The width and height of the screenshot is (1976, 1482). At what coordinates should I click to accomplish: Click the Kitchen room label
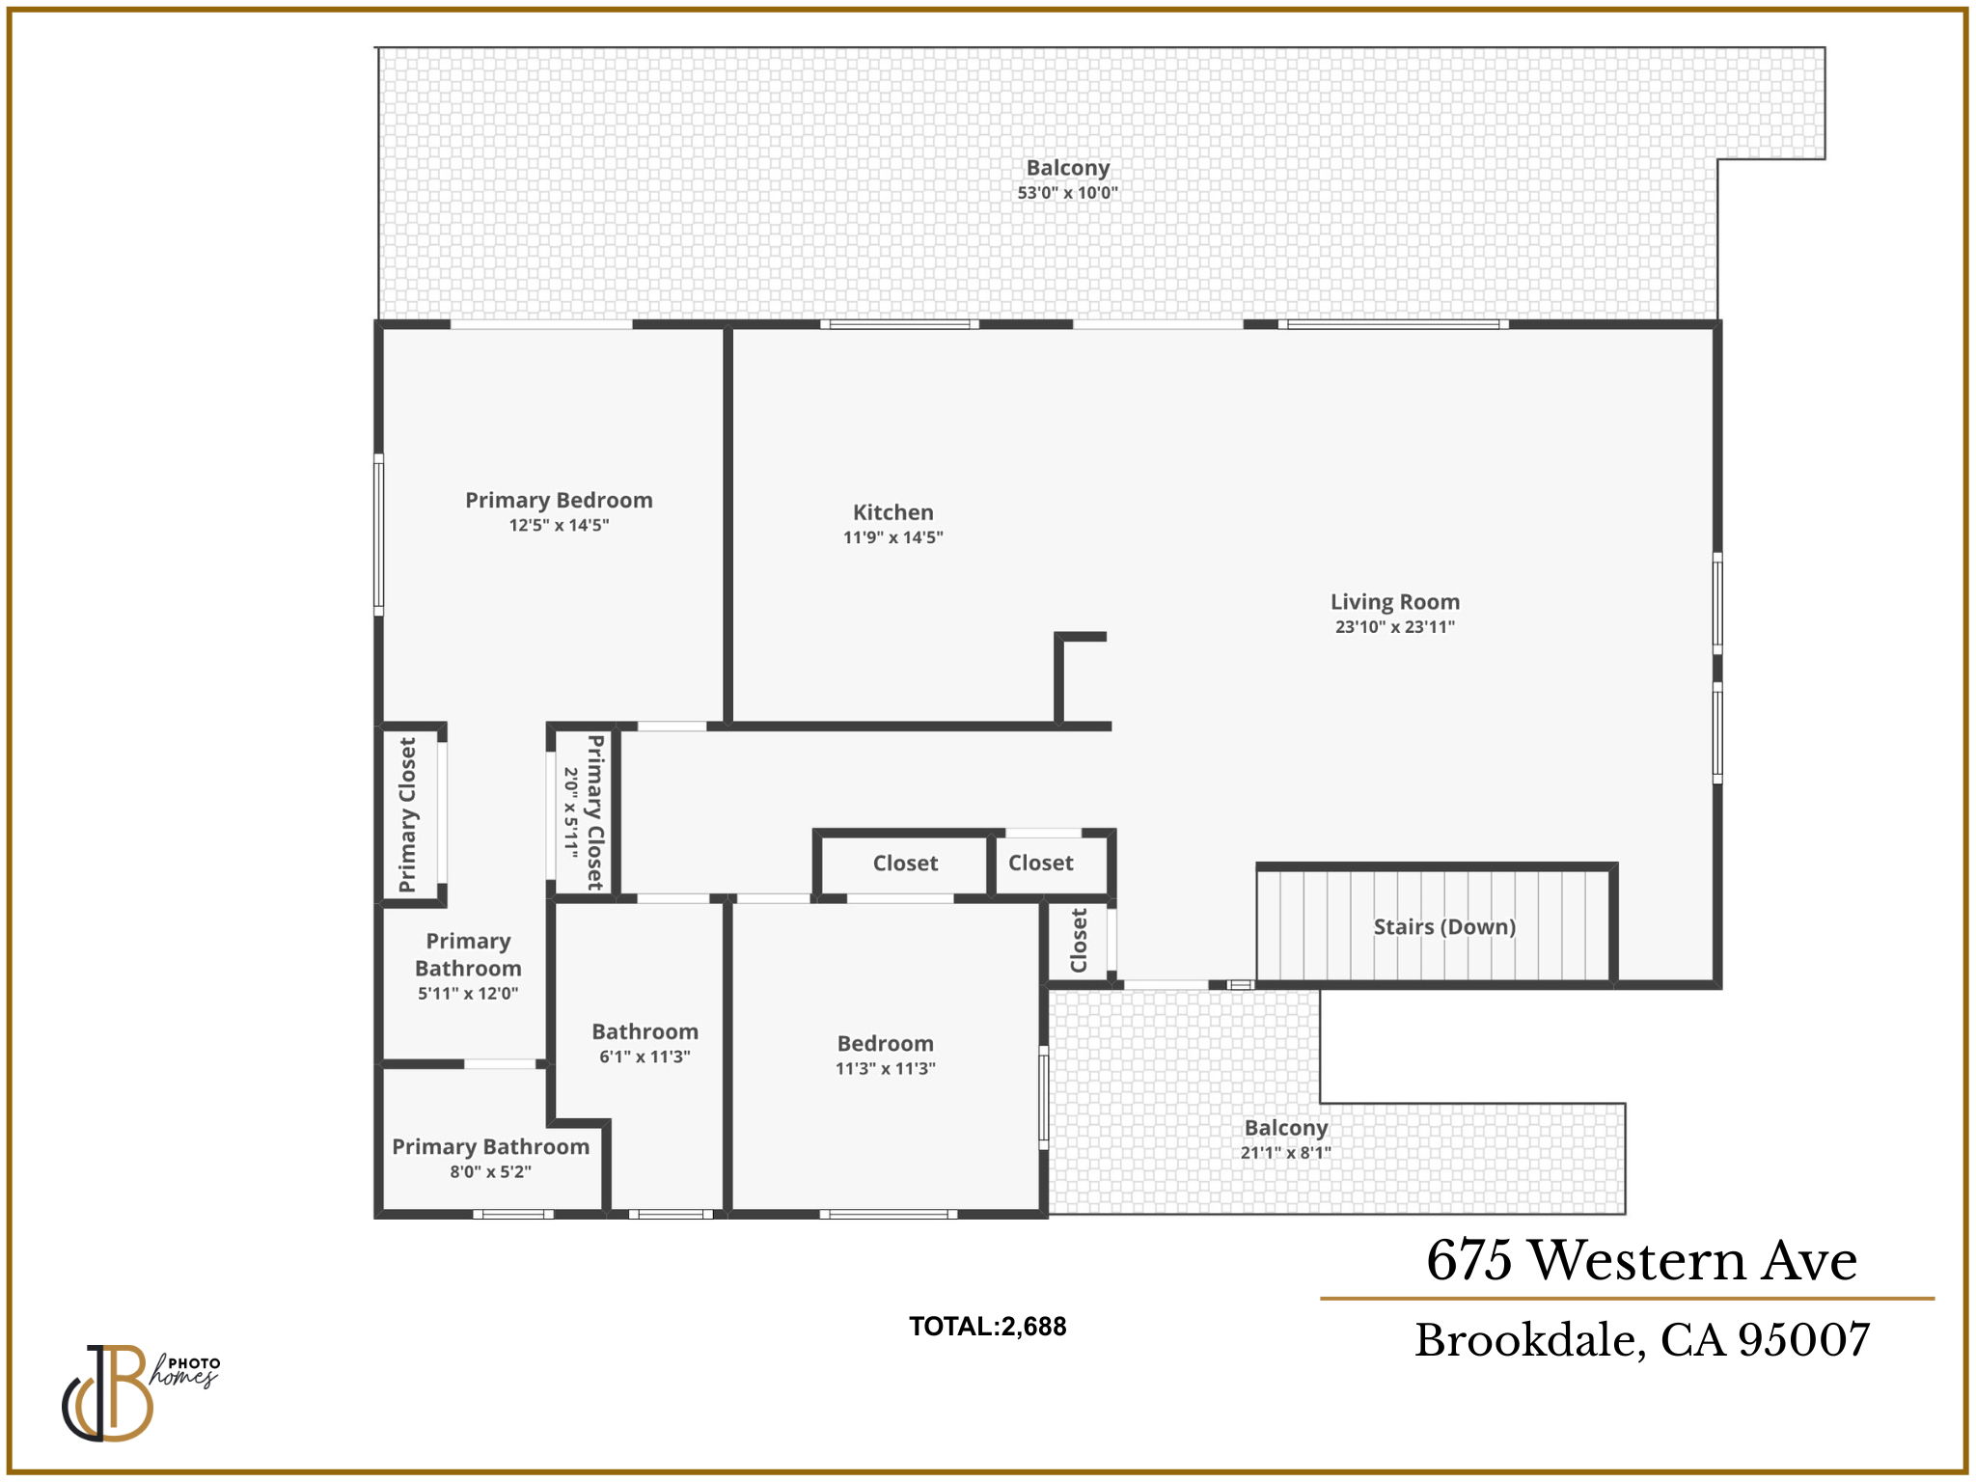tap(892, 512)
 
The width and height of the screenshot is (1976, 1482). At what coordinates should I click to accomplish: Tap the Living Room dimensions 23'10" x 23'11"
tap(1394, 627)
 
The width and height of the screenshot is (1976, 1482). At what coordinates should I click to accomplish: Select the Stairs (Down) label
tap(1443, 927)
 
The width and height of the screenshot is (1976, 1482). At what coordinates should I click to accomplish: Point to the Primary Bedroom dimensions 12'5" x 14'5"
tap(559, 526)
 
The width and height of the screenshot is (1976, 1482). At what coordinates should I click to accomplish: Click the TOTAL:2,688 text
tap(987, 1327)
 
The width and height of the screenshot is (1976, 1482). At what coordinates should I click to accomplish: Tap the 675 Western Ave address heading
tap(1640, 1260)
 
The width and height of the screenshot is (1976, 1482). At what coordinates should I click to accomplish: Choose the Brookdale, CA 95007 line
tap(1641, 1340)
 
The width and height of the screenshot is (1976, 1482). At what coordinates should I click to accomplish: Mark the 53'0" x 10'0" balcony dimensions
tap(1067, 193)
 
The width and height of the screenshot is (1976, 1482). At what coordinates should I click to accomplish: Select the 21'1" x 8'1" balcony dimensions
tap(1285, 1153)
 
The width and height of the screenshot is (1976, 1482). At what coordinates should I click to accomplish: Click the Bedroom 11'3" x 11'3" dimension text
tap(885, 1069)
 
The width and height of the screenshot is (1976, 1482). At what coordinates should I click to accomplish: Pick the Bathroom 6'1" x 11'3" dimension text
tap(645, 1057)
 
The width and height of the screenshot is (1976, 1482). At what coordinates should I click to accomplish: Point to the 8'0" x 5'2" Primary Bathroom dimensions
tap(490, 1172)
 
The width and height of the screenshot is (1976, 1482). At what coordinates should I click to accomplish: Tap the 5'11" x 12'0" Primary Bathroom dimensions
tap(468, 994)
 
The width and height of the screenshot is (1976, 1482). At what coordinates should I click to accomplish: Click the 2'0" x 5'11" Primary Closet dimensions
tap(571, 812)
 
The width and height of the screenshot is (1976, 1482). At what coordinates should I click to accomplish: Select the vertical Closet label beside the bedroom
tap(1079, 940)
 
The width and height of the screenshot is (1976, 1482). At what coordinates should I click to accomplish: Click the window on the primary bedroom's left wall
tap(379, 535)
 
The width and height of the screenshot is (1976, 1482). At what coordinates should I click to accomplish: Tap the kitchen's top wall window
tap(899, 324)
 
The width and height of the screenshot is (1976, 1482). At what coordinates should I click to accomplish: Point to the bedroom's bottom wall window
tap(888, 1214)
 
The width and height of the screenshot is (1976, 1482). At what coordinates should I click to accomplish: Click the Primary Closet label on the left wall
tap(408, 815)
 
